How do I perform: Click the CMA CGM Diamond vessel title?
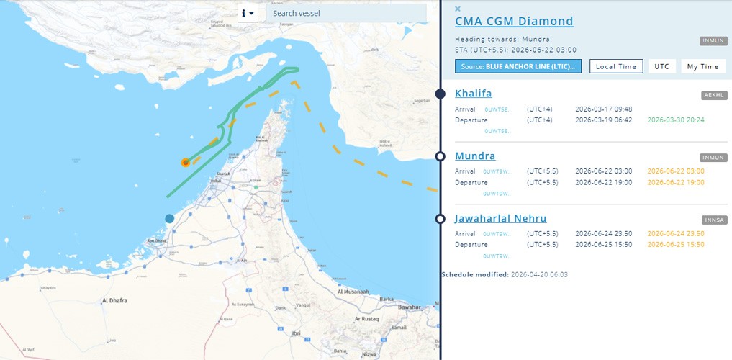514,22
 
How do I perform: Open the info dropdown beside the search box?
248,13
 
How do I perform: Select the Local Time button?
616,66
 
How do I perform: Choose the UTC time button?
661,66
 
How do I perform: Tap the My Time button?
702,66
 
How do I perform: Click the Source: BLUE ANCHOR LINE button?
518,66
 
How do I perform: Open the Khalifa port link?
474,94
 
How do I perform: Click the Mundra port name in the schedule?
475,156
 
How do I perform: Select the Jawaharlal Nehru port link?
500,219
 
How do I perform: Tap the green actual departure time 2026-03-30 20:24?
676,120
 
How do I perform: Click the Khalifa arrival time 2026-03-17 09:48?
603,109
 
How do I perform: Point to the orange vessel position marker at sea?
186,163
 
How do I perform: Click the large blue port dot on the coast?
170,218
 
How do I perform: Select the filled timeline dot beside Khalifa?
440,94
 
